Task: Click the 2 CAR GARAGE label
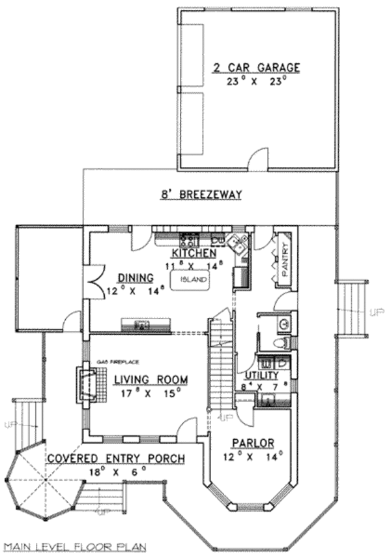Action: coord(255,67)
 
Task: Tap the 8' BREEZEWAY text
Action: coord(201,194)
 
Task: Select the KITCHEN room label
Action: coord(194,253)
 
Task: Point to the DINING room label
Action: coord(135,277)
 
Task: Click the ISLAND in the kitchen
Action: coord(192,280)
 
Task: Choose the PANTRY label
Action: coord(284,257)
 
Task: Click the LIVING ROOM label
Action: coord(151,380)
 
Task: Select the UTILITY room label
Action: coord(261,377)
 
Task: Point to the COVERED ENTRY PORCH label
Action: coord(115,459)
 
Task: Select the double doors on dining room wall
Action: coord(96,281)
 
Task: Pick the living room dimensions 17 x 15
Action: coord(151,394)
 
